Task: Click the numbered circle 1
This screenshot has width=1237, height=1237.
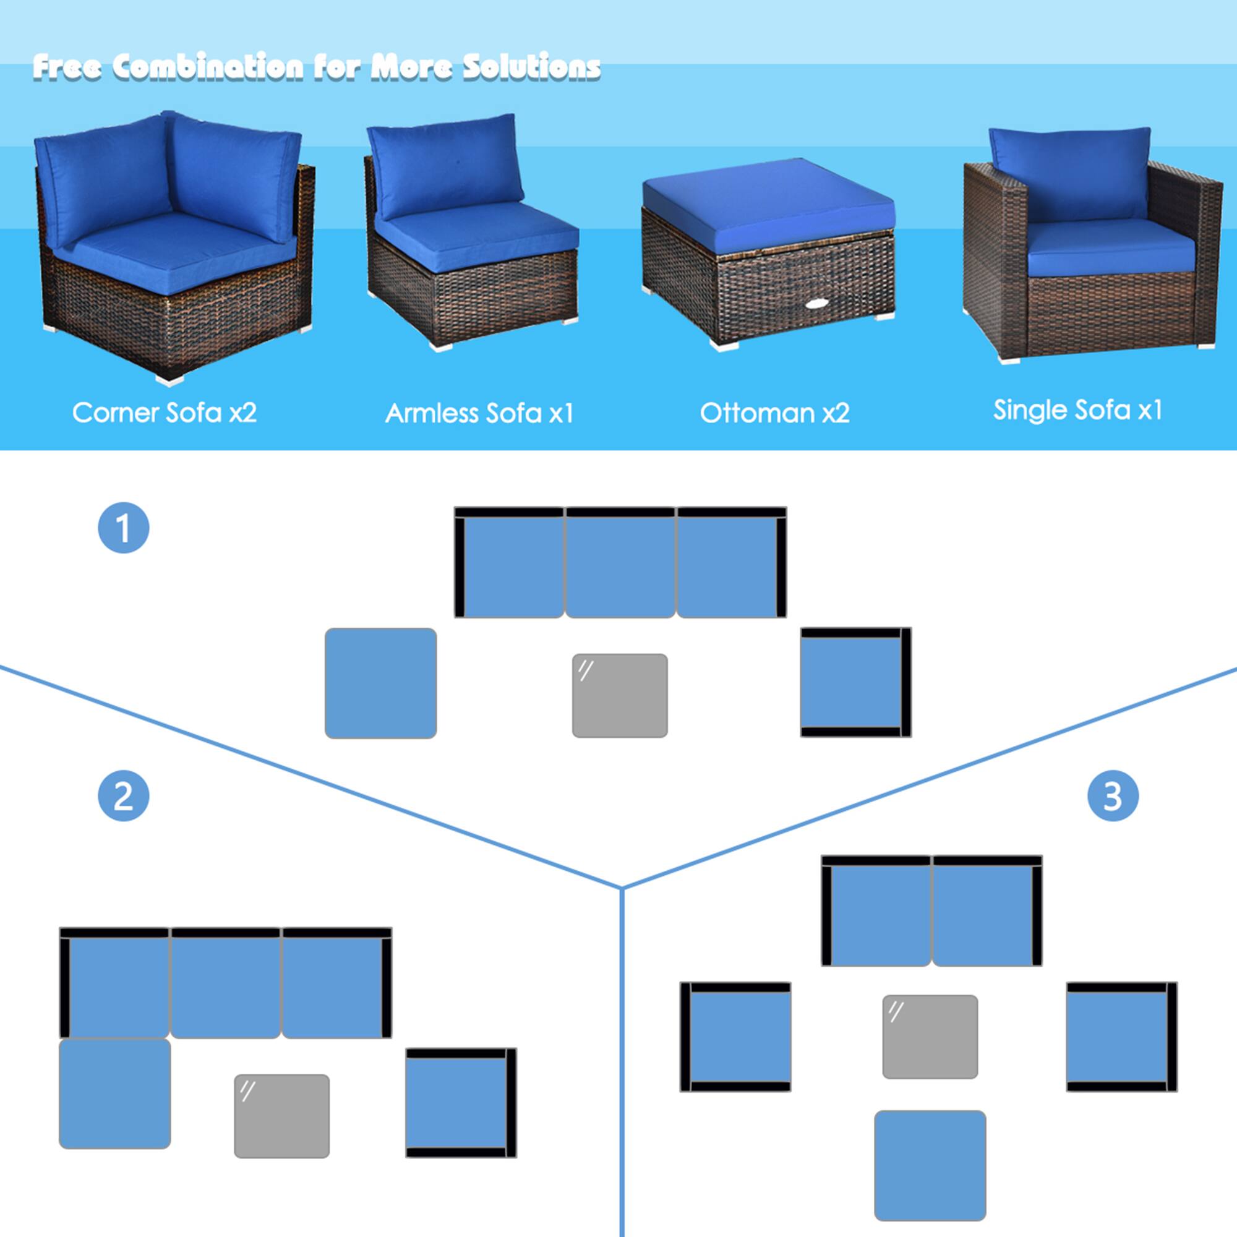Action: [124, 528]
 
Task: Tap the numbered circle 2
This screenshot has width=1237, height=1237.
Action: [124, 796]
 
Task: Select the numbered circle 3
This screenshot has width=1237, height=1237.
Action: [1113, 796]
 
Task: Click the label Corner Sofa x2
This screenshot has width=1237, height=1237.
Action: [165, 413]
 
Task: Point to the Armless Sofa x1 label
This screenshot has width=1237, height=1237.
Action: [479, 413]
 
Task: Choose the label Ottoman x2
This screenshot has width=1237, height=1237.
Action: [775, 413]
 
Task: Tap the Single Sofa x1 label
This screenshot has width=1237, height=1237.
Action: [1077, 410]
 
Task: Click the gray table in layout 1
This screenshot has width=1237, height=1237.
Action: [620, 695]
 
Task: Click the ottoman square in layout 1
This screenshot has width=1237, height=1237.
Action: [380, 683]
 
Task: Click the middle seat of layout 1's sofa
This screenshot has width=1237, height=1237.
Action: [620, 567]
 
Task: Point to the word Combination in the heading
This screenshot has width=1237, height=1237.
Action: [207, 67]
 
